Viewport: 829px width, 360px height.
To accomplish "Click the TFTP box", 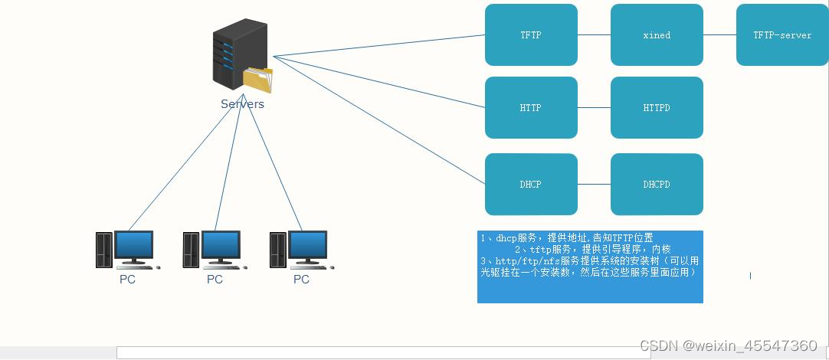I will [x=531, y=35].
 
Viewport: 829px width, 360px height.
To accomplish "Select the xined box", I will [x=657, y=35].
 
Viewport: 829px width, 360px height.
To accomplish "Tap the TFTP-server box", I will [x=781, y=35].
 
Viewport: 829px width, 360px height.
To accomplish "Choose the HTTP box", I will [x=531, y=108].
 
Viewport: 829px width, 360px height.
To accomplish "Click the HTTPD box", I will [x=657, y=108].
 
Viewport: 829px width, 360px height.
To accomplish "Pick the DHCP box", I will [x=531, y=185].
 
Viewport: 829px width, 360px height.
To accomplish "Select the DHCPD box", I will [x=657, y=185].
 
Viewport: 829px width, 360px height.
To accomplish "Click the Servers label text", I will [x=242, y=104].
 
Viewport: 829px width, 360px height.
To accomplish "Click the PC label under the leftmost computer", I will [x=127, y=280].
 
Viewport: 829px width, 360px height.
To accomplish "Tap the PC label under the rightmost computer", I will [x=301, y=280].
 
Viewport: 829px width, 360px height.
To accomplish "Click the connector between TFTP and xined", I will [x=594, y=35].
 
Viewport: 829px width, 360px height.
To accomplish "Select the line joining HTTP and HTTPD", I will [x=594, y=108].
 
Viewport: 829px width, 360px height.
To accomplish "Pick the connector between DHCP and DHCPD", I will [x=594, y=185].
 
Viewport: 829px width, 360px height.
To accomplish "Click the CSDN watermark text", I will [x=728, y=345].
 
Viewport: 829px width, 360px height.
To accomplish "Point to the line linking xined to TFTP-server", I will [x=719, y=35].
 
